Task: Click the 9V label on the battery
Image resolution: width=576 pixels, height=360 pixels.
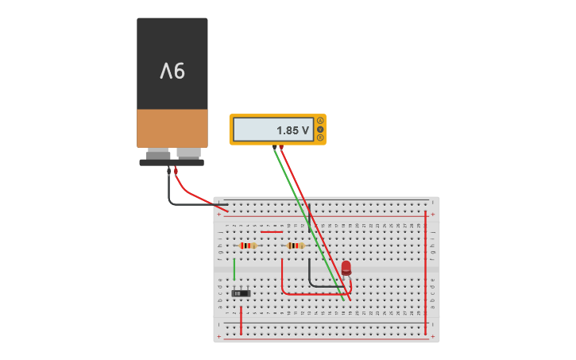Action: (x=172, y=72)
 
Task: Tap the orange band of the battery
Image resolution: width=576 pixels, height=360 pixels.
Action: (x=172, y=128)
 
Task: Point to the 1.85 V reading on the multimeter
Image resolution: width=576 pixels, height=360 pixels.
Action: (x=292, y=130)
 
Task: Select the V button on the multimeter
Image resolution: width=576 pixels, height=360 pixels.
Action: (x=320, y=129)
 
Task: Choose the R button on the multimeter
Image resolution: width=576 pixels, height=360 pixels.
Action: (x=320, y=137)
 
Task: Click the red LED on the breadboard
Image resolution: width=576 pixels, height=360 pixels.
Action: (x=346, y=267)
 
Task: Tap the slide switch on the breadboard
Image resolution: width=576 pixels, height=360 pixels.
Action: (x=241, y=293)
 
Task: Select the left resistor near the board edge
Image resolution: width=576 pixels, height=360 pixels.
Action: (x=248, y=246)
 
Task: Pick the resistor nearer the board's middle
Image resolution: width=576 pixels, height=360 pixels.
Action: (x=296, y=246)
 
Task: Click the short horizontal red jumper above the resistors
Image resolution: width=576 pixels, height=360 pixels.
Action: (x=272, y=232)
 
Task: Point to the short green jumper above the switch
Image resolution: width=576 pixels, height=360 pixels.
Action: (x=234, y=269)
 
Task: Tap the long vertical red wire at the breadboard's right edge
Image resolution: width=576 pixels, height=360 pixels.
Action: (x=426, y=270)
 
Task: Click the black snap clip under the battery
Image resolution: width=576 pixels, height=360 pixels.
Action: (x=172, y=162)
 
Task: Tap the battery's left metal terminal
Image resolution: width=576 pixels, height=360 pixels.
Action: (x=158, y=153)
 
